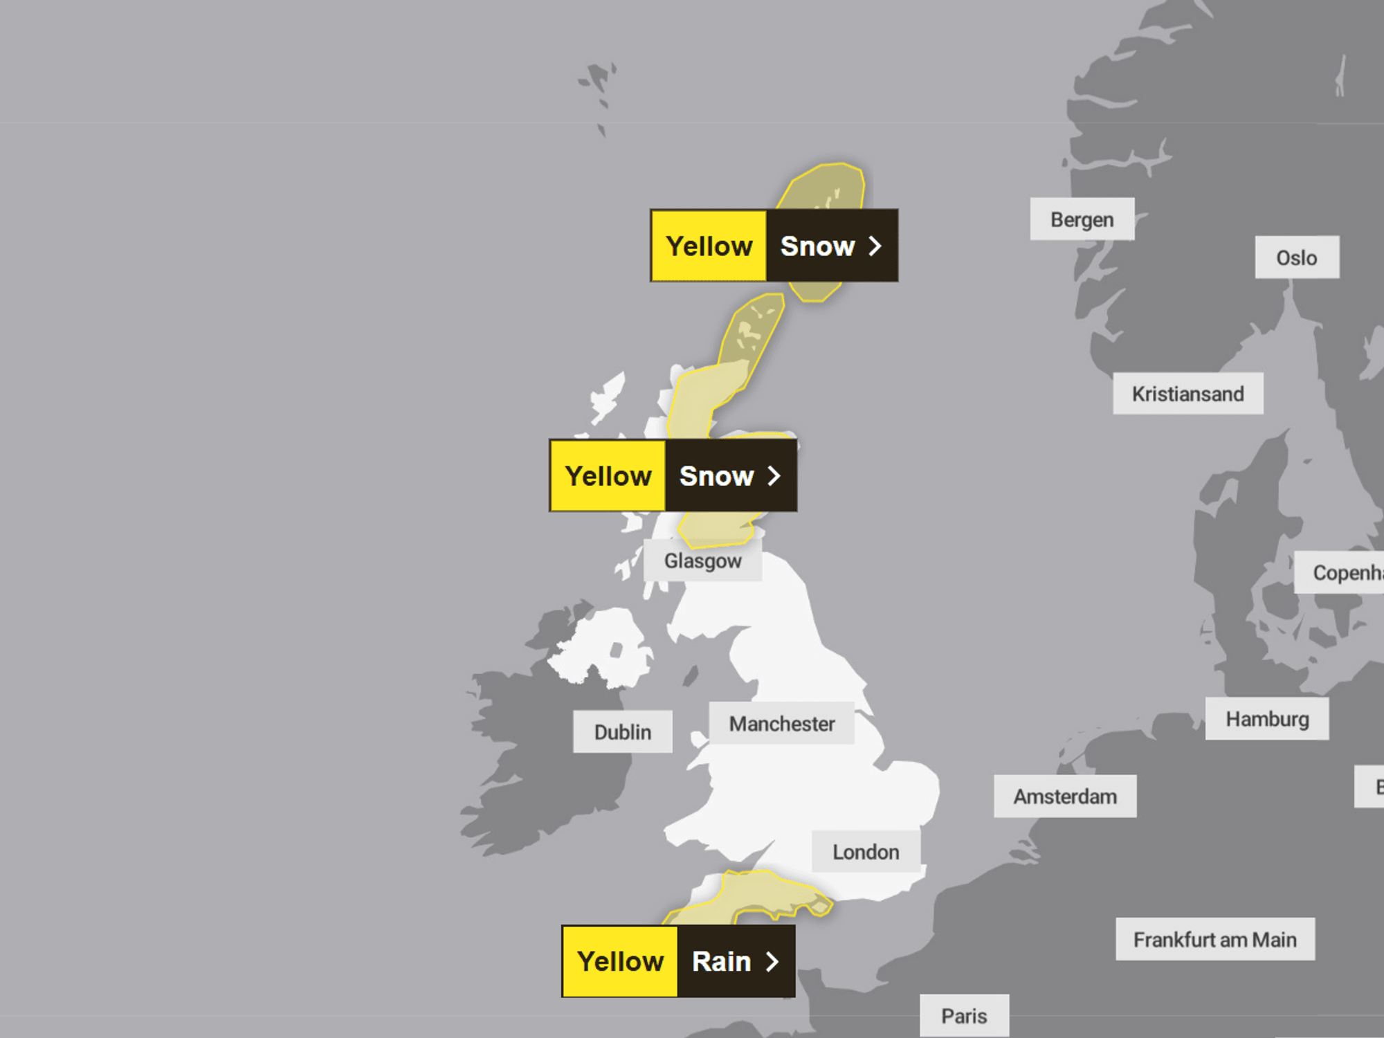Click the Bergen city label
[x=1082, y=219]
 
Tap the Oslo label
[x=1296, y=257]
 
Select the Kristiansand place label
[x=1187, y=394]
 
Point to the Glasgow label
[x=702, y=561]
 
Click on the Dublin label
[x=622, y=731]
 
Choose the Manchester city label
[x=781, y=724]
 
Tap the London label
[x=866, y=852]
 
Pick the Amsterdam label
[x=1065, y=796]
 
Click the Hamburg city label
[x=1267, y=719]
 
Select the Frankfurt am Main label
[x=1214, y=939]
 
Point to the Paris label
[x=964, y=1016]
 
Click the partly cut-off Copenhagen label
[x=1342, y=572]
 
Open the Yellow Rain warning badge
[x=678, y=961]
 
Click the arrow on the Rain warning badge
[x=772, y=961]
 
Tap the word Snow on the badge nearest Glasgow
[x=716, y=476]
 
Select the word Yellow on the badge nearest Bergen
[x=709, y=246]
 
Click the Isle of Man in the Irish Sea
[x=691, y=675]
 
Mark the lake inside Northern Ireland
[x=616, y=650]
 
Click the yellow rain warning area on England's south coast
[x=761, y=896]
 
